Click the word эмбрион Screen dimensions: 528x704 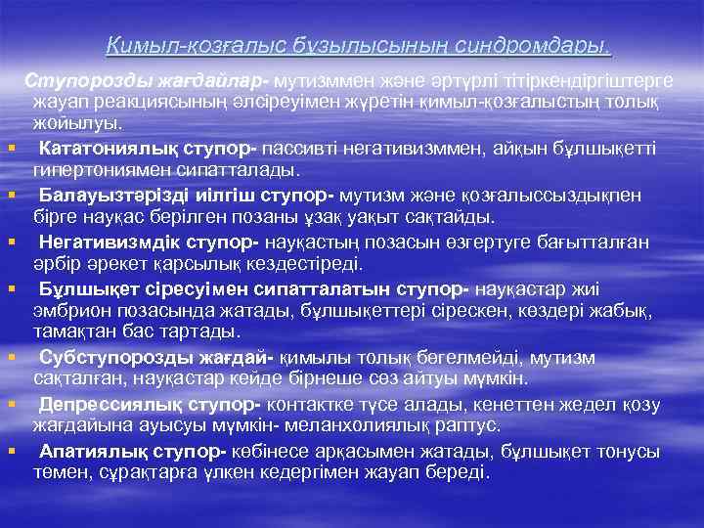(71, 309)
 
